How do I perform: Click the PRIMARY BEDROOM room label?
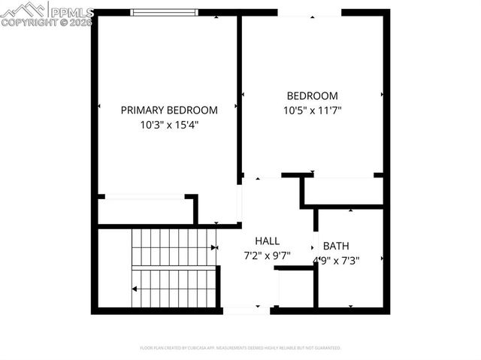coord(169,110)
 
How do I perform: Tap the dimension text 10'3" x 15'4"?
coord(169,125)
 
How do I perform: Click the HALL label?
coord(267,241)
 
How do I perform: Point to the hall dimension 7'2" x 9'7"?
coord(267,256)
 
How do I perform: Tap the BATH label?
coord(336,246)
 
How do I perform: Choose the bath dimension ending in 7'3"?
coord(341,261)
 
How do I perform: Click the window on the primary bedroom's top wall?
coord(165,12)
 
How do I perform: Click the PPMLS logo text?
coord(71,12)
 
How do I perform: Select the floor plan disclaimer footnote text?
coord(240,348)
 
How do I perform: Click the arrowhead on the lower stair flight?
coord(135,289)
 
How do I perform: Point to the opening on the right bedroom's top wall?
coord(309,12)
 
